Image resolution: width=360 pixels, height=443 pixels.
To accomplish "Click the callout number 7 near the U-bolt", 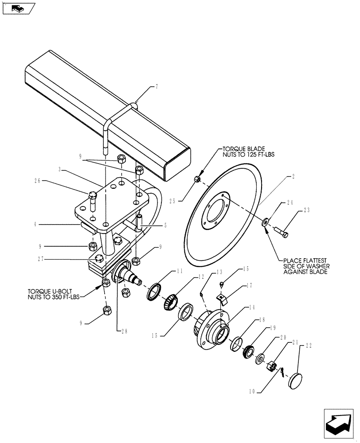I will click(x=157, y=87).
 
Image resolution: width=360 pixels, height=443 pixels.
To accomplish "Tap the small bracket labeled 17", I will click(x=223, y=299).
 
